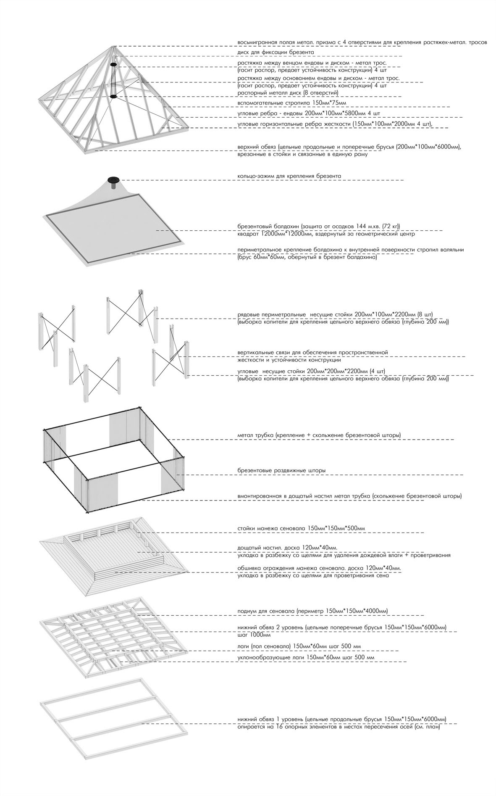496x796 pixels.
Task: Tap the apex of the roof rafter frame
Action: (x=113, y=46)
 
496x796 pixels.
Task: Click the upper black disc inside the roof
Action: (x=113, y=65)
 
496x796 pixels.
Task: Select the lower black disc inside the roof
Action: (x=113, y=96)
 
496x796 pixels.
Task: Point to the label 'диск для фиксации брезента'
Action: (x=276, y=52)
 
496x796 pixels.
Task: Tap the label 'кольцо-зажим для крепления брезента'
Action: (x=289, y=176)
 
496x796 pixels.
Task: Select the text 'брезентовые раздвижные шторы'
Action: (x=281, y=470)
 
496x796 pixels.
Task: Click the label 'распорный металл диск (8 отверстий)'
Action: (x=288, y=92)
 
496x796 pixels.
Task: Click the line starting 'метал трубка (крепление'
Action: (x=319, y=435)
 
